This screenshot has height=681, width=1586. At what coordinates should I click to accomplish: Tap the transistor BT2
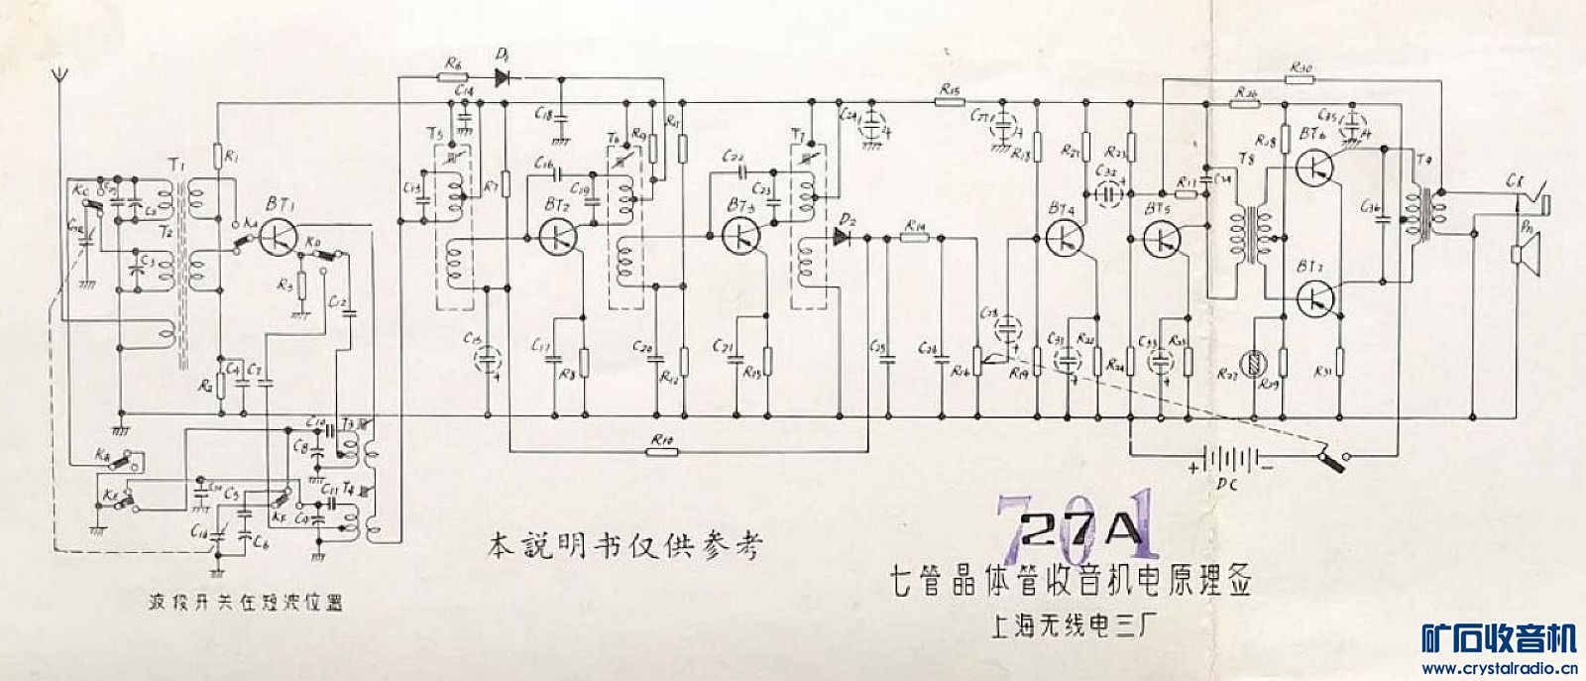[x=558, y=236]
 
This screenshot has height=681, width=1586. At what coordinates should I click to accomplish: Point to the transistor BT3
[x=740, y=235]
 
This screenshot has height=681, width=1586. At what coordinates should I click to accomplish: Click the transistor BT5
[x=1161, y=238]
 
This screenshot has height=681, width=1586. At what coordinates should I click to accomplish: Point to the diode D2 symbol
[x=844, y=237]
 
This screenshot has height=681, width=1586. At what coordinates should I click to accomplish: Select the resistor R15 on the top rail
[x=949, y=100]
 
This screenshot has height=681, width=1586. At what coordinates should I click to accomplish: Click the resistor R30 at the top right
[x=1303, y=78]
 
